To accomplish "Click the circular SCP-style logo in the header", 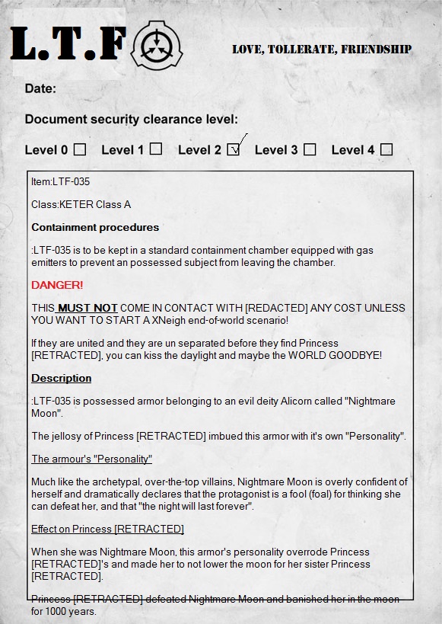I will tap(157, 46).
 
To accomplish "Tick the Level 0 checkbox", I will tap(79, 149).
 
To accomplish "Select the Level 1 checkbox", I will tap(156, 149).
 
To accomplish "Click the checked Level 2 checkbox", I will tap(234, 150).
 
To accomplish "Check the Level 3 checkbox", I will tap(310, 149).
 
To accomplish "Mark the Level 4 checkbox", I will tap(386, 149).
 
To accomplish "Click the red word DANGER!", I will tap(57, 285).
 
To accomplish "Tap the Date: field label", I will tap(40, 88).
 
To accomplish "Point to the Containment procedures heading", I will tap(95, 227).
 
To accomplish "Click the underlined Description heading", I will tap(61, 378).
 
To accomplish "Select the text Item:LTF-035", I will tap(61, 181).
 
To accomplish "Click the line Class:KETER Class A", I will tap(81, 204).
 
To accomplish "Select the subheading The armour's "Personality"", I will tap(91, 459).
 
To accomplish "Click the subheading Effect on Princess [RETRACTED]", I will tap(107, 529).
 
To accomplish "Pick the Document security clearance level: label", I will tap(131, 119).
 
